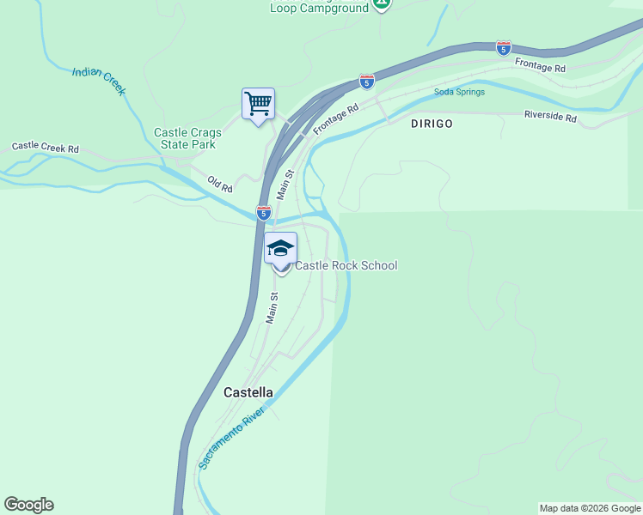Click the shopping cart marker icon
[x=258, y=105]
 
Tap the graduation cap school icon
[x=280, y=249]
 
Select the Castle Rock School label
[x=346, y=266]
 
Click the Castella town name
[x=248, y=392]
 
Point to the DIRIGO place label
[x=432, y=124]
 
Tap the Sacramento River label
[x=233, y=437]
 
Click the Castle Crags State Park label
[x=187, y=138]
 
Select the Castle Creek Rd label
[x=45, y=147]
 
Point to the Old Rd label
[x=220, y=185]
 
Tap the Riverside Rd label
[x=550, y=116]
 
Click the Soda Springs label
[x=459, y=92]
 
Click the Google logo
[x=28, y=505]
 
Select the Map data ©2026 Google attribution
[x=590, y=508]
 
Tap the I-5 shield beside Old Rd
[x=264, y=213]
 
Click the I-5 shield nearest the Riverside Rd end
[x=504, y=48]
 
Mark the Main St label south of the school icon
[x=273, y=308]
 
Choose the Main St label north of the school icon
[x=285, y=185]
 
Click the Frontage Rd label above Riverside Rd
[x=540, y=64]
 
